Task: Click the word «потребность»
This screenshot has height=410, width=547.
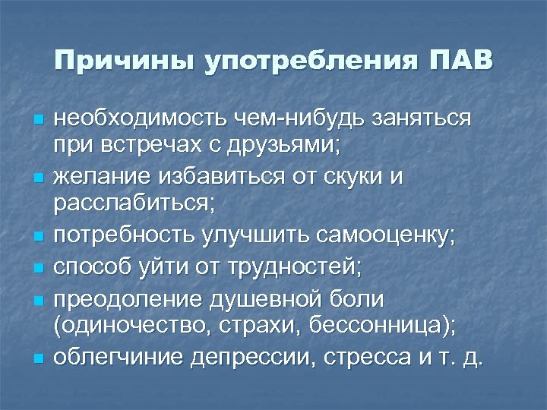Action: coord(123,235)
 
